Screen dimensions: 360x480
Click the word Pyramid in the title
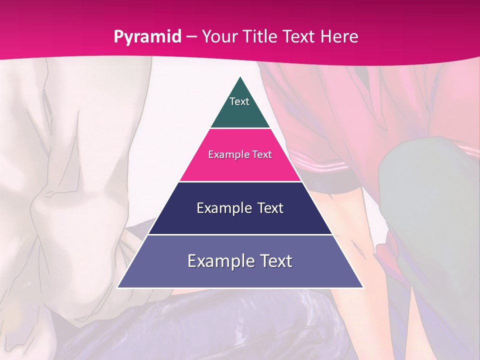coord(147,37)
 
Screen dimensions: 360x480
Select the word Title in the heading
coord(264,36)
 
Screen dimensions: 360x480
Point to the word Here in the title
coord(339,36)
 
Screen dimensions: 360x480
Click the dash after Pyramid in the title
coord(191,37)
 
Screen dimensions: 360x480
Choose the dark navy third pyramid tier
coord(240,220)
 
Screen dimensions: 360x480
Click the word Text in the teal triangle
coord(239,101)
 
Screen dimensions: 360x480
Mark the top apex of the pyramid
coord(240,76)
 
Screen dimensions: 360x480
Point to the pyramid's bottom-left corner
coord(117,287)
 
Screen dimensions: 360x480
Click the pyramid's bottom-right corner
coord(363,287)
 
